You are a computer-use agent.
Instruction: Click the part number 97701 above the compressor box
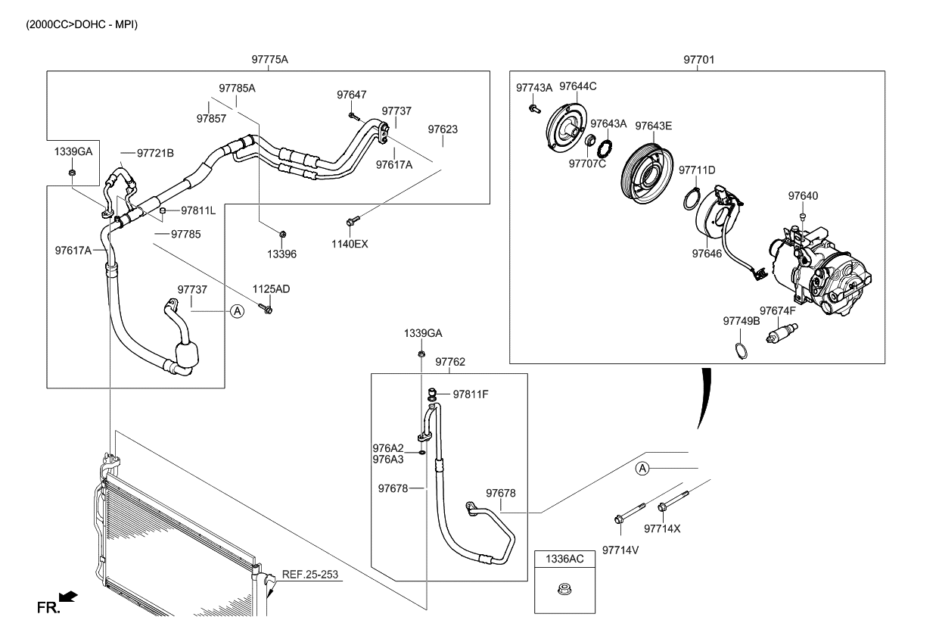coord(698,60)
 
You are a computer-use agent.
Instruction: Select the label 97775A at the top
coord(270,60)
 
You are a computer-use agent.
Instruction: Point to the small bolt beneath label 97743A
coord(533,109)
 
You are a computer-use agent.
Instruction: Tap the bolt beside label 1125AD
coord(266,308)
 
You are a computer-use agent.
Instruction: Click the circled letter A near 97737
coord(237,310)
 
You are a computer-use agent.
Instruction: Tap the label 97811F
coord(471,394)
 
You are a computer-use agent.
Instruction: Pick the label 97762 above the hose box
coord(450,363)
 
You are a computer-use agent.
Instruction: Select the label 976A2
coord(387,448)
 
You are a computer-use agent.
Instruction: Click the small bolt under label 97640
coord(803,217)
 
